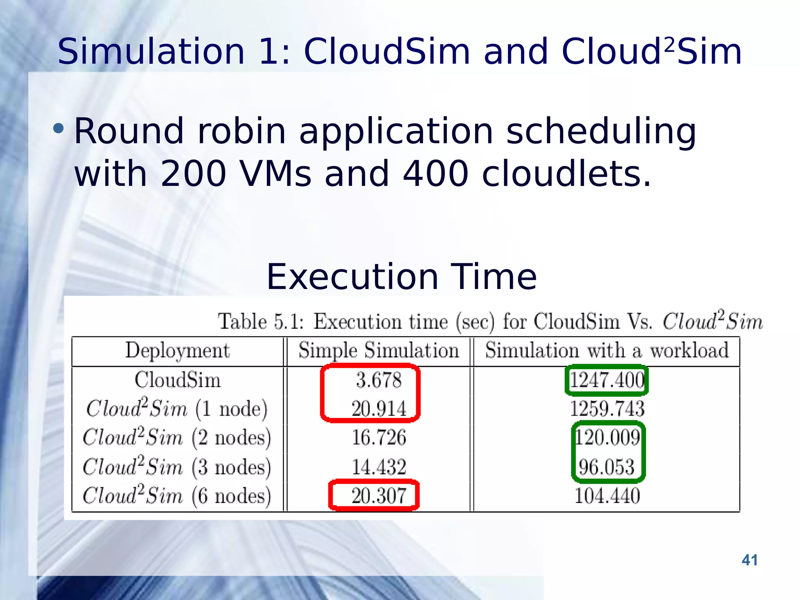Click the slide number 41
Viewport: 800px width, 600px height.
(x=749, y=560)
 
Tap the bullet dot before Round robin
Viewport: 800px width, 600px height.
(x=58, y=129)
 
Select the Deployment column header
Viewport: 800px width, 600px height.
(x=177, y=350)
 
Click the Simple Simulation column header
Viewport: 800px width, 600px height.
(x=379, y=350)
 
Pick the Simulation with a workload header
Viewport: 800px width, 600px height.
(x=607, y=350)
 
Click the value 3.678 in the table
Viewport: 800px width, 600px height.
(x=379, y=380)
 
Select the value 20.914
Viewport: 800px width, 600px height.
(x=379, y=409)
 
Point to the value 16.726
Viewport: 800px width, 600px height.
(x=379, y=437)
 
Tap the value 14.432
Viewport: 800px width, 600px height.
(x=379, y=467)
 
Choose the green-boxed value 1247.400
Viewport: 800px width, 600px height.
(x=607, y=380)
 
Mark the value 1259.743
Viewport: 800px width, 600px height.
(x=607, y=409)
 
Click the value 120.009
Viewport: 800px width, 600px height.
(x=607, y=437)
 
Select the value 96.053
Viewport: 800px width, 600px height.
(x=607, y=467)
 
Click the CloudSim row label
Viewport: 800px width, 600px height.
(x=177, y=380)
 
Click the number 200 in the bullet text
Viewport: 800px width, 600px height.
(x=193, y=173)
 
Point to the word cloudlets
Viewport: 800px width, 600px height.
(x=566, y=173)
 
